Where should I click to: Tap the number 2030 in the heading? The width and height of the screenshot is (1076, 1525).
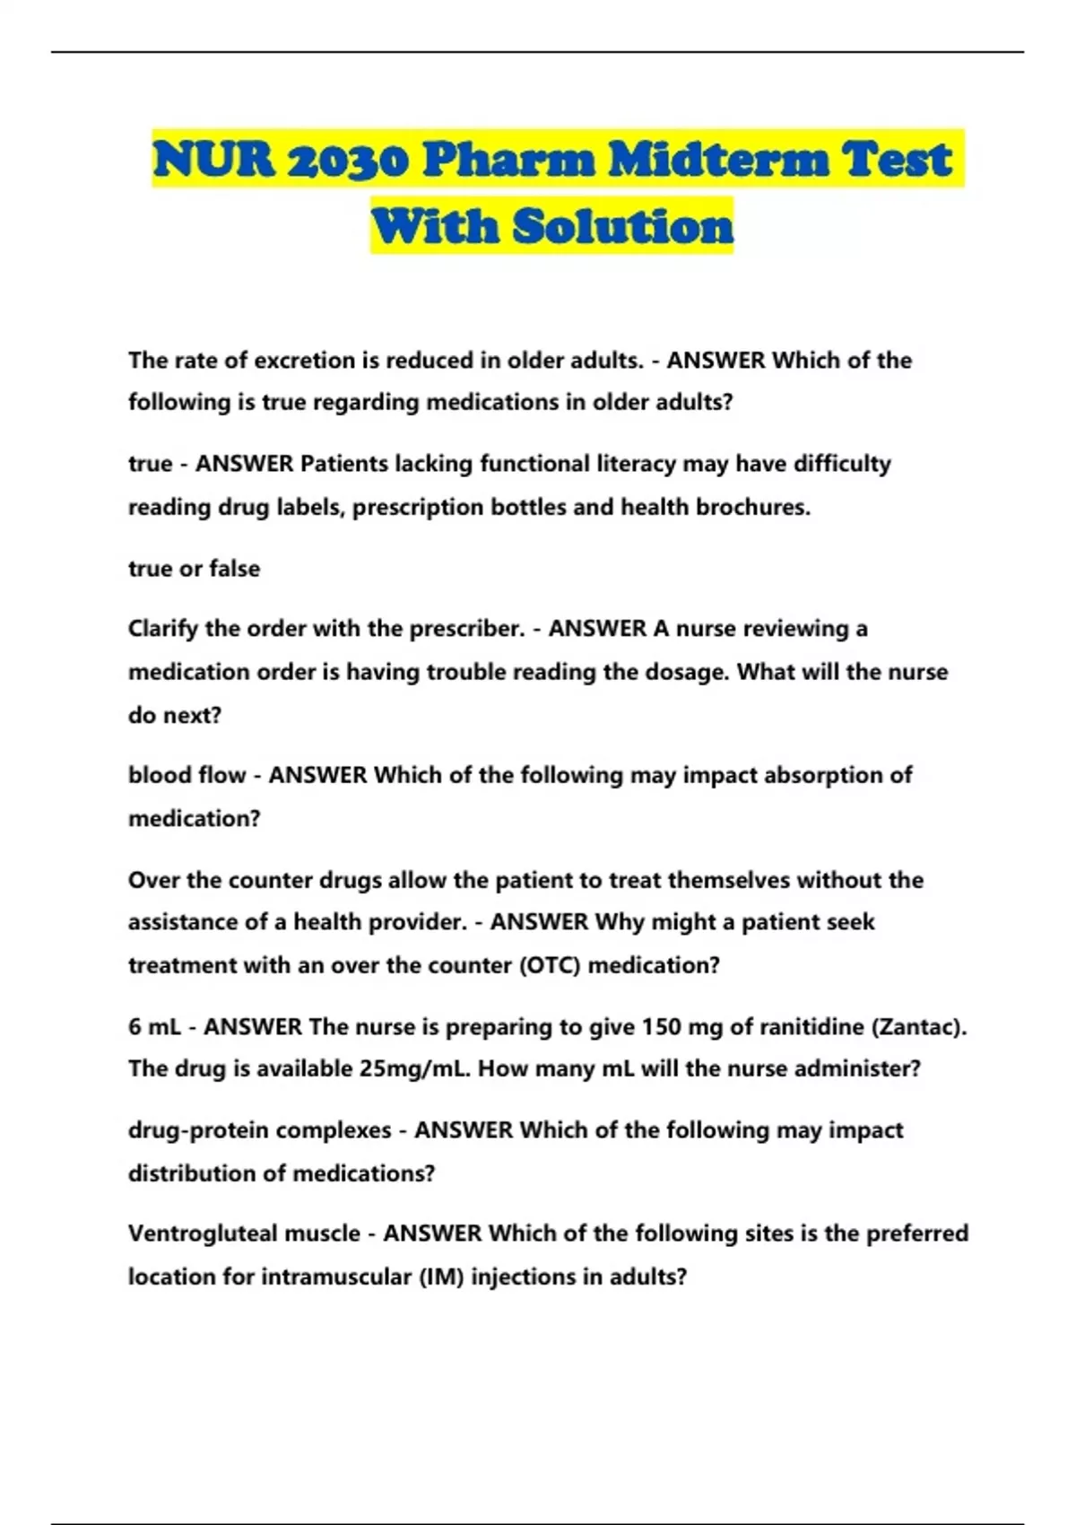click(347, 161)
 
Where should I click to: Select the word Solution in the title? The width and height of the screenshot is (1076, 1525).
click(623, 225)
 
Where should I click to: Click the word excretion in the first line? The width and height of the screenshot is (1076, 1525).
click(304, 360)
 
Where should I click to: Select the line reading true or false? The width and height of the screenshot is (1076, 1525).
click(194, 568)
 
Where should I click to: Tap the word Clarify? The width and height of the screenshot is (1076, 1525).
click(163, 628)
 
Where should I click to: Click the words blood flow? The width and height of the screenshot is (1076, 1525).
click(187, 774)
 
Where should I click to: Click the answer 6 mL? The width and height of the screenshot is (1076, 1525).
click(154, 1026)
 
